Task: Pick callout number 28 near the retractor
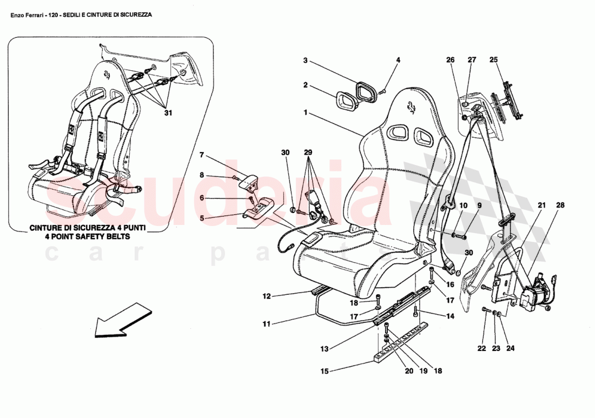click(x=560, y=205)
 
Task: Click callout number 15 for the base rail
click(x=325, y=371)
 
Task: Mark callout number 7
click(x=201, y=155)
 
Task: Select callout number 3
click(x=305, y=61)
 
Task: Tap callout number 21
click(x=541, y=205)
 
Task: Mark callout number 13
click(x=324, y=349)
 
